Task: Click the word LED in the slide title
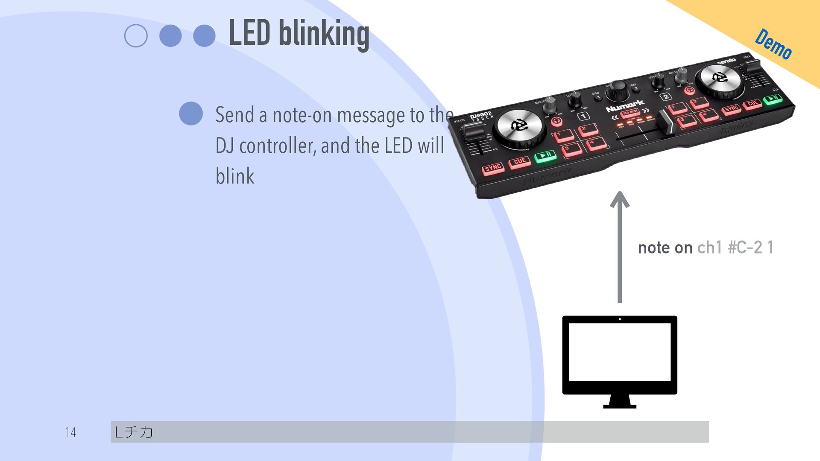coord(249,33)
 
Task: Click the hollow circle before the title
coord(136,36)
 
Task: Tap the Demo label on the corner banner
coord(773,44)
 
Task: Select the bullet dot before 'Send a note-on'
coord(191,114)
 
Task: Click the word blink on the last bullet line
coord(235,176)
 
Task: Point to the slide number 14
coord(71,432)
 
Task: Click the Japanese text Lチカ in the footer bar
coord(134,432)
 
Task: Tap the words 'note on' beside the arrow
coord(665,248)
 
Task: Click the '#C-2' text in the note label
coord(745,248)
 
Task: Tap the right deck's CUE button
coord(753,103)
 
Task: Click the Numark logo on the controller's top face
coord(625,105)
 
